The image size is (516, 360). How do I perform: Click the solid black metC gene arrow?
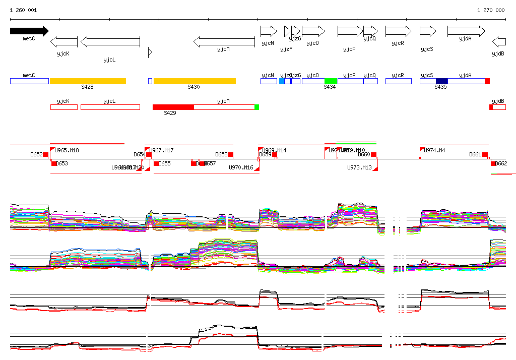29,31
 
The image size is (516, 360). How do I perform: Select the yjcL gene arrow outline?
110,42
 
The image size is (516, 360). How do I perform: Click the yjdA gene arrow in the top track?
466,31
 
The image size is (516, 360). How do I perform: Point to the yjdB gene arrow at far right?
499,42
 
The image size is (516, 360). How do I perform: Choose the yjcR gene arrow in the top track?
398,31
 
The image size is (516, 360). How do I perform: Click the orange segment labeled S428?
88,81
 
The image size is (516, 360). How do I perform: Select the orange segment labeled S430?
195,81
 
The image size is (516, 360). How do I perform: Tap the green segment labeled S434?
331,81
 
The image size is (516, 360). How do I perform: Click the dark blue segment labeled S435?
442,81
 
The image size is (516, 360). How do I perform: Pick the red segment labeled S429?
173,107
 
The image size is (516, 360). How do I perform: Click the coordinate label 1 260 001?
23,10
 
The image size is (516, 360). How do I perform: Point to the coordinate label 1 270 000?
491,10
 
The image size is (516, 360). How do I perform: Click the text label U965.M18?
67,150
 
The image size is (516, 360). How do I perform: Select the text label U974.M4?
434,150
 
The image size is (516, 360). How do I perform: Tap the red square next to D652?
46,154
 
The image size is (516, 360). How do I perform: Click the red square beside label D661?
485,154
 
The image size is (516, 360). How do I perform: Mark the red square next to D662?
494,163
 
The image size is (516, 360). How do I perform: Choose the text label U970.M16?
241,167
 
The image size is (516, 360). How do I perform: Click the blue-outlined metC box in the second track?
29,81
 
